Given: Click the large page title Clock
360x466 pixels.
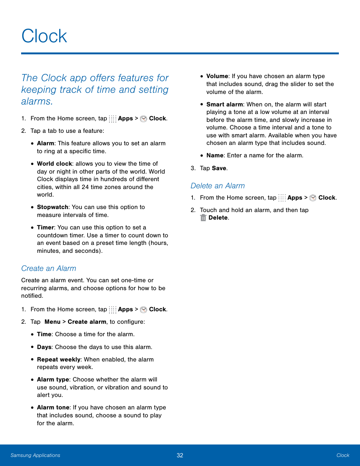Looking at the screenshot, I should (44, 36).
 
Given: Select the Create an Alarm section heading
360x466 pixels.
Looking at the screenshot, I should (49, 268).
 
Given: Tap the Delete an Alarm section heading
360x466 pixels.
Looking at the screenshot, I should (218, 186).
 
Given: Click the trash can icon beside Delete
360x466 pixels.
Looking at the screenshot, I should (203, 218).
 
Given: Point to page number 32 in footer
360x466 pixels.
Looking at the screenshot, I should (180, 455).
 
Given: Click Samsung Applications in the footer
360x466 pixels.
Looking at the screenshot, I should (35, 455).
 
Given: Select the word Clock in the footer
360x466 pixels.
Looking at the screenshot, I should (343, 455).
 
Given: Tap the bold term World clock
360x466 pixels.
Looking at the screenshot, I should (54, 164).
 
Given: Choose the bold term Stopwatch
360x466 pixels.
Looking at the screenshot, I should (52, 207).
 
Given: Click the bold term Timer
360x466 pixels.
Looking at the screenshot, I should (45, 228).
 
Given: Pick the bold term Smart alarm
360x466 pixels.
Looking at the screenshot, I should (225, 105).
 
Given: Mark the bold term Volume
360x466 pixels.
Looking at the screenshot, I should (217, 76).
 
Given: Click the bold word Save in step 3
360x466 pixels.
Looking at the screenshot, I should (219, 168).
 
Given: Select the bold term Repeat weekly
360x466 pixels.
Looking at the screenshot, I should (58, 360).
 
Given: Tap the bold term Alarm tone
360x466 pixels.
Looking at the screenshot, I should (53, 408).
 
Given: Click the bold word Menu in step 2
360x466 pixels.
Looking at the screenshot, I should (52, 322).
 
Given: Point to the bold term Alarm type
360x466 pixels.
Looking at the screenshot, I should (53, 380).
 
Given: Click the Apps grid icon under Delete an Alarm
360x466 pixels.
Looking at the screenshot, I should (282, 198).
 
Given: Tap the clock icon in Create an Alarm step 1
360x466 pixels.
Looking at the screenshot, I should (143, 310).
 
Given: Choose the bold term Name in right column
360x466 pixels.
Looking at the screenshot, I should (215, 155).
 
